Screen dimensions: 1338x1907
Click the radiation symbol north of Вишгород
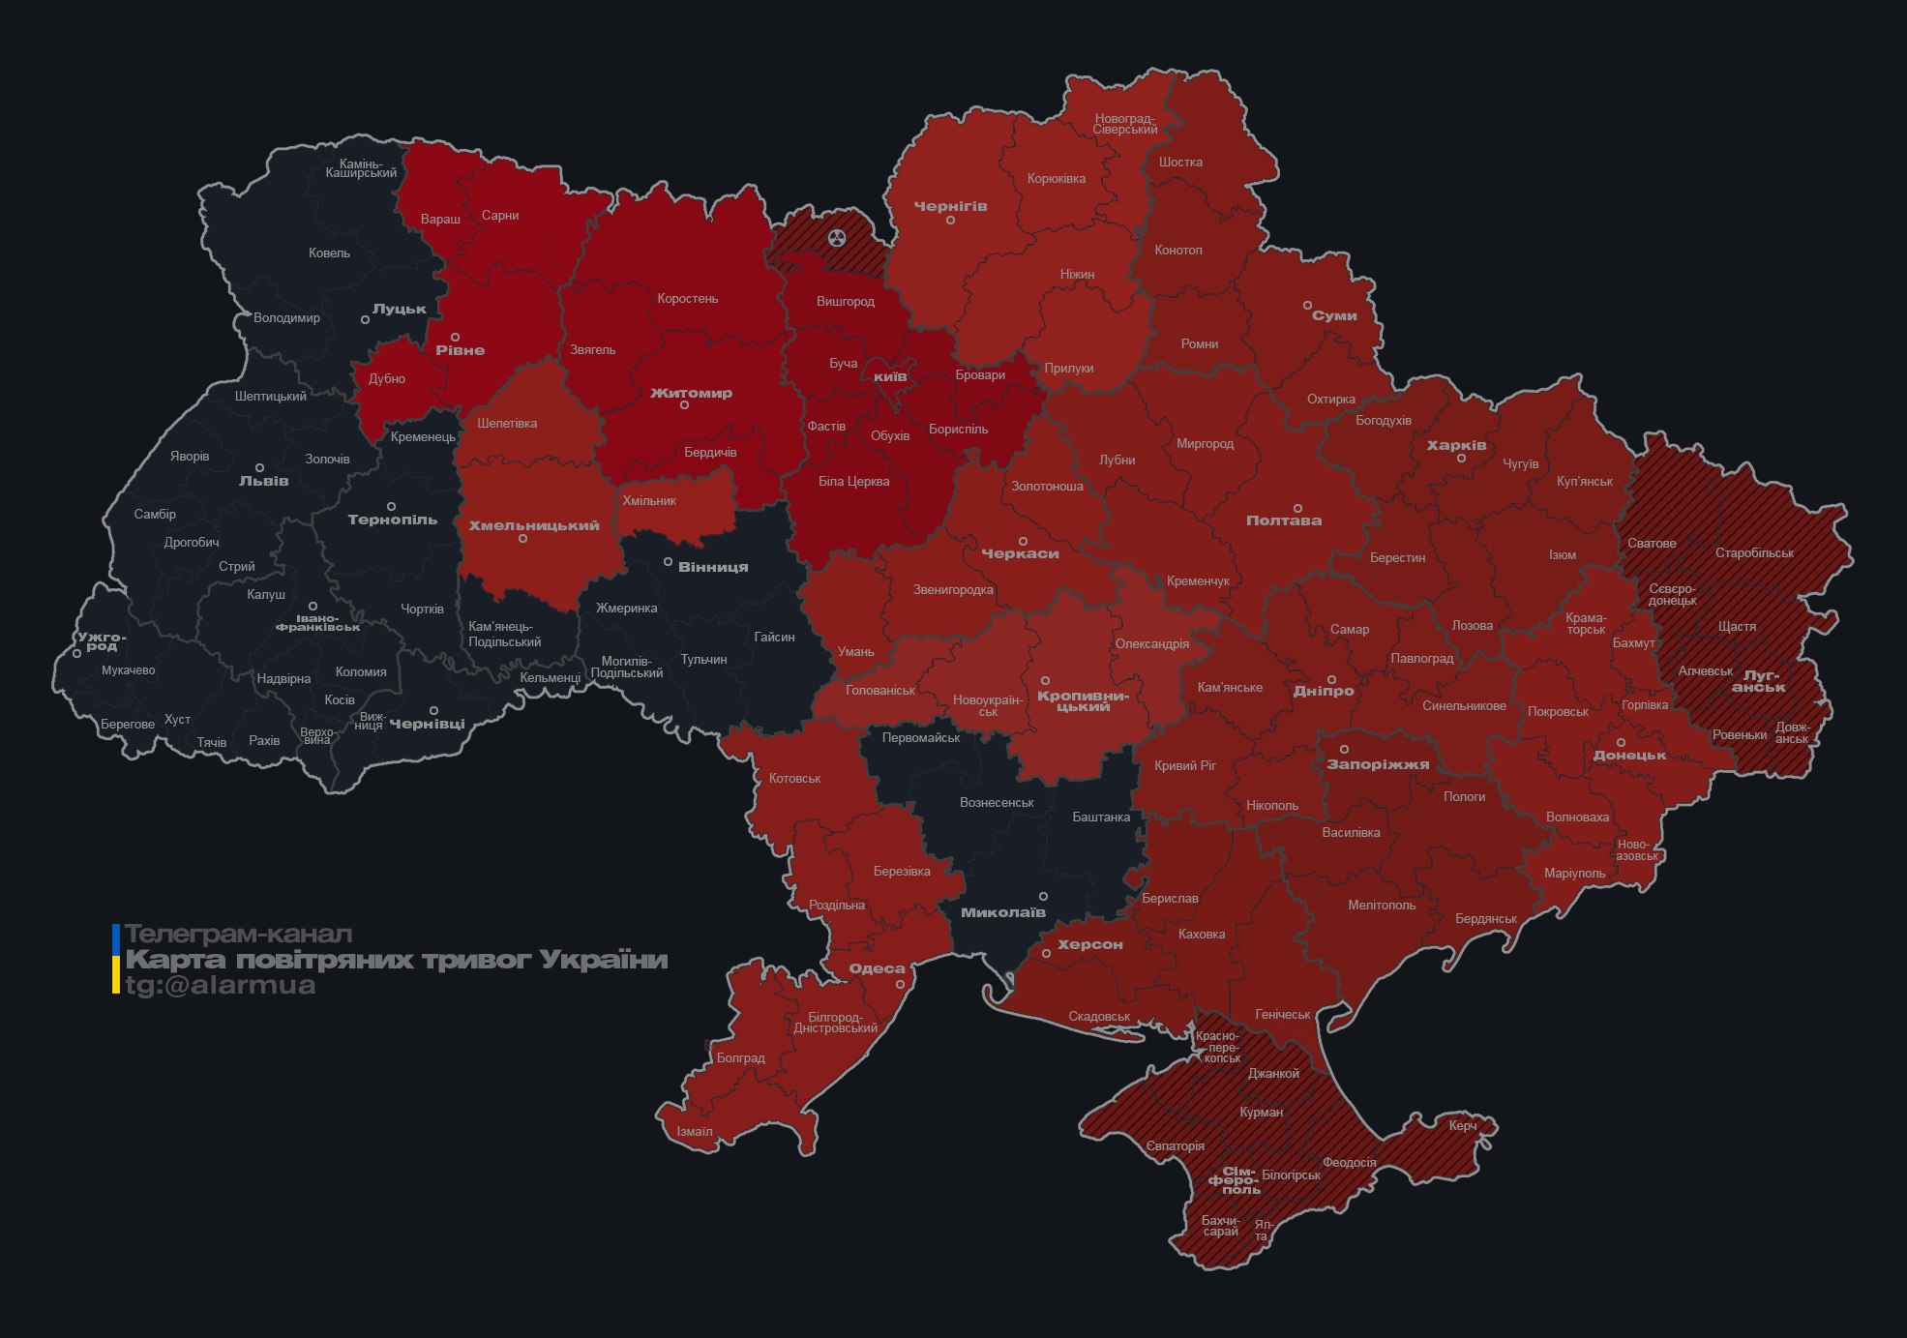click(837, 238)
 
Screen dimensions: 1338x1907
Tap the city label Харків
click(1456, 445)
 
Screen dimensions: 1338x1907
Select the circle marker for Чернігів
click(950, 221)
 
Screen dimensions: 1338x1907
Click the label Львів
click(263, 481)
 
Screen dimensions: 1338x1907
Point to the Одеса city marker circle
click(900, 984)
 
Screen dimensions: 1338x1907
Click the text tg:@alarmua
click(220, 985)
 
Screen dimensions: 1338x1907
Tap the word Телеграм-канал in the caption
click(238, 935)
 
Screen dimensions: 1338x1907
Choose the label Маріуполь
click(1574, 873)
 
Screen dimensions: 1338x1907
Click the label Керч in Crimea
click(1463, 1125)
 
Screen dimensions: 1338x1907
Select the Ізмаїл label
click(695, 1131)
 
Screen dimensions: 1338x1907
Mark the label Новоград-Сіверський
click(1125, 124)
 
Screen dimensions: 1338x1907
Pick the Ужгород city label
click(102, 641)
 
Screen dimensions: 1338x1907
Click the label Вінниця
click(713, 567)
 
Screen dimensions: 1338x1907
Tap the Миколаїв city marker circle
click(1043, 897)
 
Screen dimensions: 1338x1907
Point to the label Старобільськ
click(1754, 552)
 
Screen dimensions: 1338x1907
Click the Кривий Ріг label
click(1185, 765)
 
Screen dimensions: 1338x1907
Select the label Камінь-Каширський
click(361, 168)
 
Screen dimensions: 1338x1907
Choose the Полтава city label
click(1283, 520)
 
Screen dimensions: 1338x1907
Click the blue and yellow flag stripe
click(116, 959)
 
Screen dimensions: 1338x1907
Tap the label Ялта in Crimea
click(1263, 1231)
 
